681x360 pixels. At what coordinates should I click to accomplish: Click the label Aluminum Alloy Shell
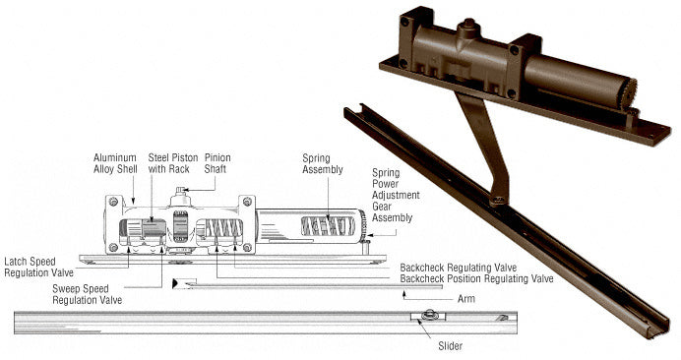pyautogui.click(x=115, y=163)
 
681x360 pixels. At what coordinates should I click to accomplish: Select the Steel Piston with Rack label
pyautogui.click(x=173, y=163)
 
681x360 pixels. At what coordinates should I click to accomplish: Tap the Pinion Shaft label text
pyautogui.click(x=217, y=163)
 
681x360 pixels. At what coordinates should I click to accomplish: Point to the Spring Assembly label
pyautogui.click(x=323, y=163)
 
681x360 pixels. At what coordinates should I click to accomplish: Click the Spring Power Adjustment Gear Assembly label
pyautogui.click(x=396, y=195)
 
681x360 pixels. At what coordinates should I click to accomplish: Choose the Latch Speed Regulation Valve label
pyautogui.click(x=38, y=268)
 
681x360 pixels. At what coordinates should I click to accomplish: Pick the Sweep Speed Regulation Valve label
pyautogui.click(x=88, y=294)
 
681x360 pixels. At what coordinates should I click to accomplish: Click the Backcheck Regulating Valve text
pyautogui.click(x=459, y=268)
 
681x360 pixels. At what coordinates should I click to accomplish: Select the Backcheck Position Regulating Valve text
pyautogui.click(x=476, y=278)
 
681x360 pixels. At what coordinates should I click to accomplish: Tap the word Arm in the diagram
pyautogui.click(x=466, y=299)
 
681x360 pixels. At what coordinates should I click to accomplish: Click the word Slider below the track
pyautogui.click(x=451, y=346)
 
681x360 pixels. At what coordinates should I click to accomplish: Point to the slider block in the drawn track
pyautogui.click(x=428, y=316)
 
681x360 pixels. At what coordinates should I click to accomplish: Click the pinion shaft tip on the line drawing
pyautogui.click(x=181, y=189)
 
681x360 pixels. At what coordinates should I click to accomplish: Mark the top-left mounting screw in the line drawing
pyautogui.click(x=114, y=202)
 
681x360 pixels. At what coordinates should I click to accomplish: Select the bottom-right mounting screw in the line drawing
pyautogui.click(x=247, y=247)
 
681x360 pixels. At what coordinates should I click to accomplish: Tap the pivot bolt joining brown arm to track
pyautogui.click(x=499, y=201)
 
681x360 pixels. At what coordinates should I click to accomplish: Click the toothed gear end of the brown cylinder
pyautogui.click(x=628, y=92)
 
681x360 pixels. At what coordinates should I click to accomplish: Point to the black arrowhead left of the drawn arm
pyautogui.click(x=175, y=283)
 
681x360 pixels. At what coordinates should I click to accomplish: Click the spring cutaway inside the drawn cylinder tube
pyautogui.click(x=328, y=226)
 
